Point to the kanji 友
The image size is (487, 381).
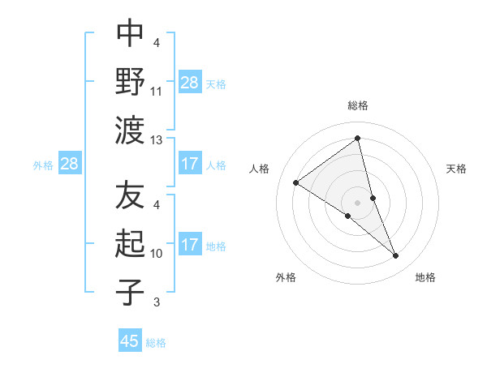point(130,195)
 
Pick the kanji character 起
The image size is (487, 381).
point(130,243)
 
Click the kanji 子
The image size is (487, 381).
point(130,291)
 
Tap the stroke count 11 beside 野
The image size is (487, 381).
point(157,92)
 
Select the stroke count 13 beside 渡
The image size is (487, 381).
point(157,139)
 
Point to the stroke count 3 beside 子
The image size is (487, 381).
point(157,302)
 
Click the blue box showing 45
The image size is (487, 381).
point(130,341)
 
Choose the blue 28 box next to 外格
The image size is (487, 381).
point(69,164)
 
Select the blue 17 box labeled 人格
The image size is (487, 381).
point(190,164)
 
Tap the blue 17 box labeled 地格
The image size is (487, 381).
point(190,245)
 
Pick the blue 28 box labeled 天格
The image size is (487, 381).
point(190,82)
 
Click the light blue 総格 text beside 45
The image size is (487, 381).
point(157,342)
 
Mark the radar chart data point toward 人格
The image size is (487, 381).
point(296,182)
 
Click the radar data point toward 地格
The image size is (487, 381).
point(396,255)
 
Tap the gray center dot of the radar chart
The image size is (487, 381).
point(358,202)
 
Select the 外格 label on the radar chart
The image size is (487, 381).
point(286,277)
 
